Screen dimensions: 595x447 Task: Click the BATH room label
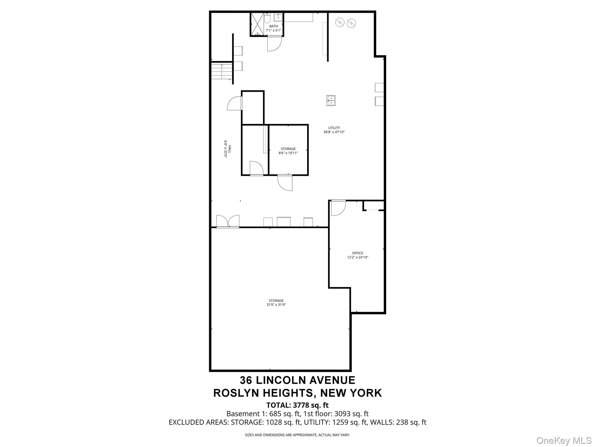click(273, 26)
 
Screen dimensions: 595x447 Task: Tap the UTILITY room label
click(334, 128)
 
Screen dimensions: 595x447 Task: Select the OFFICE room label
click(358, 253)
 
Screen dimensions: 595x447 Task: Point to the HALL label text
click(230, 149)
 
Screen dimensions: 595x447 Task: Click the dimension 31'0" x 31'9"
click(276, 305)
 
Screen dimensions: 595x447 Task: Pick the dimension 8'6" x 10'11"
click(288, 153)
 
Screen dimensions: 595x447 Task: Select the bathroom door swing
click(275, 44)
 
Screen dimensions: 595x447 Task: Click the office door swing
click(338, 208)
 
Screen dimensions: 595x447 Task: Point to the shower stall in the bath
click(257, 24)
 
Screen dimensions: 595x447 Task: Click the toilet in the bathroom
click(268, 17)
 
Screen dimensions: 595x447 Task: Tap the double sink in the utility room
click(331, 100)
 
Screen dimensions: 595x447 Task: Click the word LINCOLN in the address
click(281, 380)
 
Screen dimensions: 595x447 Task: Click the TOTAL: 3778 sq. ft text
click(297, 405)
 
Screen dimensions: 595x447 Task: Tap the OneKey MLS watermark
click(564, 440)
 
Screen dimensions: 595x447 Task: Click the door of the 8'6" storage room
click(285, 182)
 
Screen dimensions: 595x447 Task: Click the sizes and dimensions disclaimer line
click(297, 435)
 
